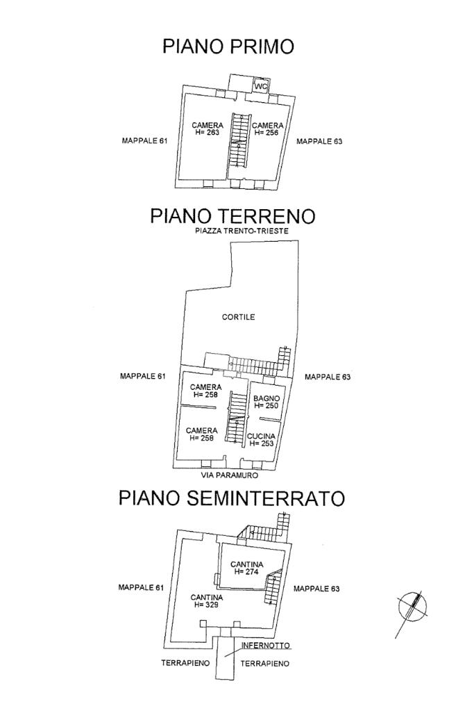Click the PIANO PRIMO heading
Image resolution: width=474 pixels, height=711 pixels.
point(228,47)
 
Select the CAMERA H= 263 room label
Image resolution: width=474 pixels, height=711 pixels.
point(208,129)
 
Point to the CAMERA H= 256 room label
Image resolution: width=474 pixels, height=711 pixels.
point(268,129)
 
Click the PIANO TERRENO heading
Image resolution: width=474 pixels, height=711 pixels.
point(232,216)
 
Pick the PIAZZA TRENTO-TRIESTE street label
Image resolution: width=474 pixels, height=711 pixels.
point(242,231)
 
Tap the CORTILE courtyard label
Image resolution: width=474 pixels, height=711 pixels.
point(238,317)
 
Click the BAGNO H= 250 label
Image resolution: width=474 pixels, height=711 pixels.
point(266,402)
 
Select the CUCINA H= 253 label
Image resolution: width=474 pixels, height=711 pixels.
point(261,440)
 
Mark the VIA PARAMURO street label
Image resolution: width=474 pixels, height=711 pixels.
point(230,475)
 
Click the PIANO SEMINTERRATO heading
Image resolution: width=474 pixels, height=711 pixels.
point(232,498)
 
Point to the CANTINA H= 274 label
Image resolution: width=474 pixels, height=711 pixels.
point(247,568)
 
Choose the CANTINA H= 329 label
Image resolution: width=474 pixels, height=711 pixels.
point(206,600)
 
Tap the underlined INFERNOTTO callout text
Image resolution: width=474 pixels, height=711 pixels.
point(265,645)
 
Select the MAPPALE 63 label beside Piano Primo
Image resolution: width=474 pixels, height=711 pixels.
point(319,142)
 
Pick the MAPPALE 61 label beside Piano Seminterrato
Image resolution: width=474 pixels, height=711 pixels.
point(141,587)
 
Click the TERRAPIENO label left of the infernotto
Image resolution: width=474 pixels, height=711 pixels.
point(185,663)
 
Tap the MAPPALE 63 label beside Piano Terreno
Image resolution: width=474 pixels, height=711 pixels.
point(328,377)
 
